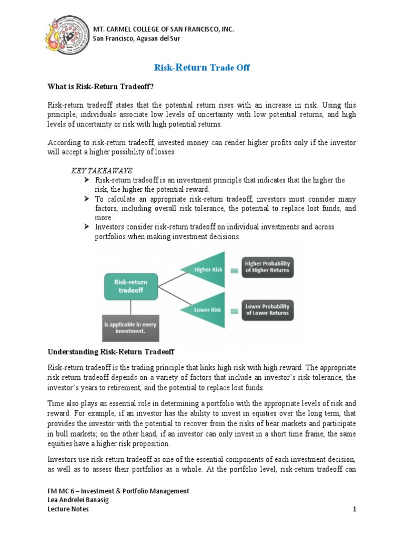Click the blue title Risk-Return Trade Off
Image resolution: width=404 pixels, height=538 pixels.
click(201, 67)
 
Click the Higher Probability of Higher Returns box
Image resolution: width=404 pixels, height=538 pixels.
click(267, 267)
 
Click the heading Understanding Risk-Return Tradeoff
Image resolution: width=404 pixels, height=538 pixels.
click(111, 351)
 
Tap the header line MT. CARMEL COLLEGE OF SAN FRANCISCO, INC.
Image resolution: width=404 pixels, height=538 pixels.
click(163, 28)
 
